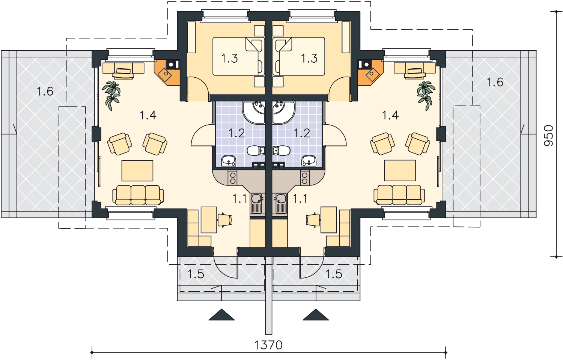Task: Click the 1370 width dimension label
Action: point(268,345)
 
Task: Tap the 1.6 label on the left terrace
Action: point(45,91)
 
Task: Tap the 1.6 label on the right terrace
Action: point(495,82)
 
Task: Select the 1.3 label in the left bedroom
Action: point(229,58)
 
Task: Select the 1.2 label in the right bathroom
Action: point(302,133)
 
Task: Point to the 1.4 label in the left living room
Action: point(148,115)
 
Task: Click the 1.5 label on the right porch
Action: point(334,274)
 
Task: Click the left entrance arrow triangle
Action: point(221,315)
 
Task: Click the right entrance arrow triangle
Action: point(316,315)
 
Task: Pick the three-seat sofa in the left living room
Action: point(138,195)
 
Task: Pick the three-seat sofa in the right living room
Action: point(399,195)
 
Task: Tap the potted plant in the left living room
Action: point(111,96)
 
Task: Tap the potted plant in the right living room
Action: point(426,96)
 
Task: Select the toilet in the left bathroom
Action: point(256,151)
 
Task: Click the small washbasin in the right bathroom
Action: point(309,161)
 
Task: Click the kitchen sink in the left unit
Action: point(256,203)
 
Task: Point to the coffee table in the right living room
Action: point(400,170)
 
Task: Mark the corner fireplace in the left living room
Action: point(167,72)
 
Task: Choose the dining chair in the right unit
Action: point(313,220)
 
